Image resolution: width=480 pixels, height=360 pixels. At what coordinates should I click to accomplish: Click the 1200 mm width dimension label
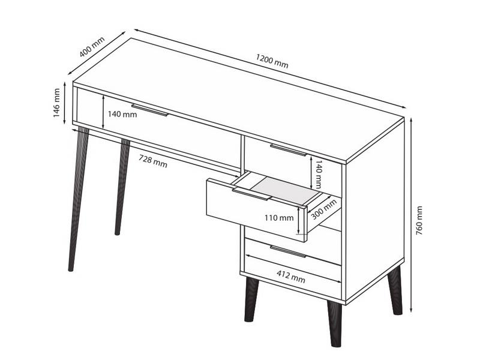point(272,61)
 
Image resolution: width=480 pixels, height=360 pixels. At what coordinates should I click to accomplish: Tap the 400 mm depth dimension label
point(92,47)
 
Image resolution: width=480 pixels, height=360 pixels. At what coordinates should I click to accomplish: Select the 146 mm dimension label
point(56,103)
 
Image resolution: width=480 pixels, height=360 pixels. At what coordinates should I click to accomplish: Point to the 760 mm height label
point(419,220)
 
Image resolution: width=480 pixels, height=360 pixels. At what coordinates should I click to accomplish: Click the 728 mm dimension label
point(153,161)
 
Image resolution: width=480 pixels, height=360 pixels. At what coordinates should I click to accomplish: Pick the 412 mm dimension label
point(291,277)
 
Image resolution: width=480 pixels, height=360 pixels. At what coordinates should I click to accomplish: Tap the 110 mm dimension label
point(279,218)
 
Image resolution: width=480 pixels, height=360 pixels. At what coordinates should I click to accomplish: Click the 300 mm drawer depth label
point(323,209)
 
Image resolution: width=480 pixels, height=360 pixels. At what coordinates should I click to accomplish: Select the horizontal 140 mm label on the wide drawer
point(122,114)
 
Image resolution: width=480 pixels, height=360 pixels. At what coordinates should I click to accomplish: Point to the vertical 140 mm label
point(319,174)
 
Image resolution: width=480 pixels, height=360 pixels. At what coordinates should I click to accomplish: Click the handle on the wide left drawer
point(150,110)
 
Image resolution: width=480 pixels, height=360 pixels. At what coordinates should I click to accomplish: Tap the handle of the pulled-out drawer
point(251,194)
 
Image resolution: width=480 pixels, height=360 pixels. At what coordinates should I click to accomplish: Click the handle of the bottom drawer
point(288,251)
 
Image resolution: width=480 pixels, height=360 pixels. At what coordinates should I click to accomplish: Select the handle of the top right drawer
point(289,150)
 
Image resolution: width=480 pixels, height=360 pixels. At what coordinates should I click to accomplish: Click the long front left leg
point(79,199)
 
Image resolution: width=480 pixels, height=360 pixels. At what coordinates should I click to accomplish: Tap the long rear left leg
point(122,187)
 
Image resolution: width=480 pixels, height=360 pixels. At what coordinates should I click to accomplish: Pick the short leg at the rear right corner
point(395,290)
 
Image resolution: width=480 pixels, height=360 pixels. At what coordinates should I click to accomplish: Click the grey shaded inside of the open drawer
point(287,190)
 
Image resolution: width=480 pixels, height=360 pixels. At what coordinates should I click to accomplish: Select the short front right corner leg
point(335,323)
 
